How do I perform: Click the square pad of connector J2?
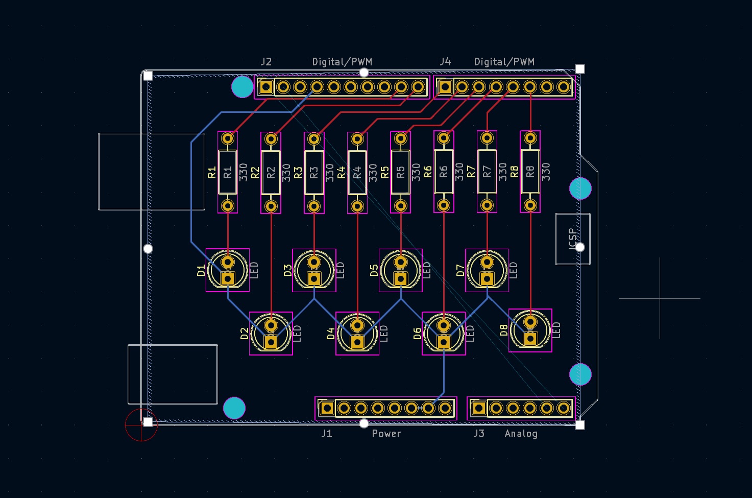266,87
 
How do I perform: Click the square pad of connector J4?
445,87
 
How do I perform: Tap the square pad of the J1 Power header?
327,408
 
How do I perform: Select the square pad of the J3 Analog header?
479,408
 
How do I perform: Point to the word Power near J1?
386,434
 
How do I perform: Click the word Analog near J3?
521,434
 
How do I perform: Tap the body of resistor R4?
357,172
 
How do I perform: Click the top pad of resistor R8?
530,138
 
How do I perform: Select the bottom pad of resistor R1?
228,205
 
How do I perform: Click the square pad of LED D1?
228,278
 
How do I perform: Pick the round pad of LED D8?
530,322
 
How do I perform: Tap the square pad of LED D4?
357,342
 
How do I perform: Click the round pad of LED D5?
401,262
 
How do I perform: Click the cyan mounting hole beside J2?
242,87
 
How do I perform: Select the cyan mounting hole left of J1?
234,408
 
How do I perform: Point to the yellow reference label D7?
460,270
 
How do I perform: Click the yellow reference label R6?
427,172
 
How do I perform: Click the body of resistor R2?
271,173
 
